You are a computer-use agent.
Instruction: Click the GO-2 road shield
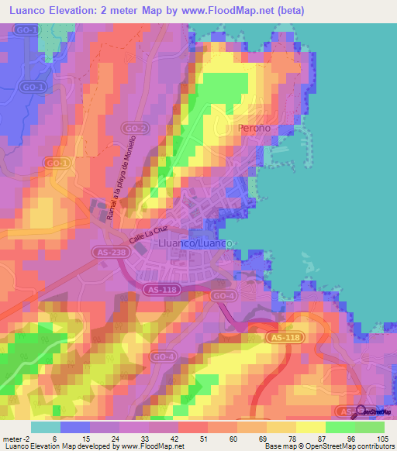coord(135,128)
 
